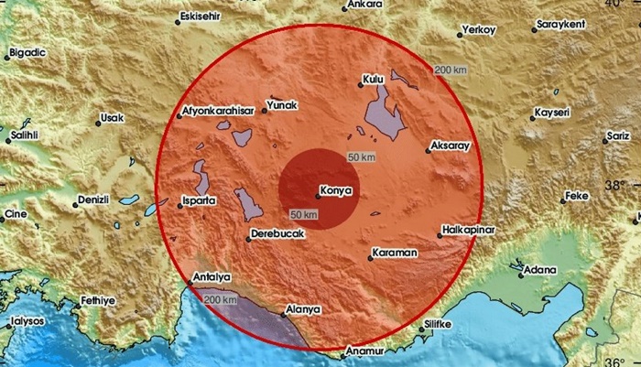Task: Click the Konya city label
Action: click(332, 191)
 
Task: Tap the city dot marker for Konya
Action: click(316, 193)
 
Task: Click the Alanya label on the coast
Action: click(303, 309)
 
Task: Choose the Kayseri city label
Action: click(552, 113)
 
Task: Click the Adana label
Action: click(539, 270)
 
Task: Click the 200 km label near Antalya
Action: click(220, 300)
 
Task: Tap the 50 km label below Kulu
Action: click(363, 158)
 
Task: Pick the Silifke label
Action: click(439, 324)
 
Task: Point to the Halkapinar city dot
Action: click(439, 235)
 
